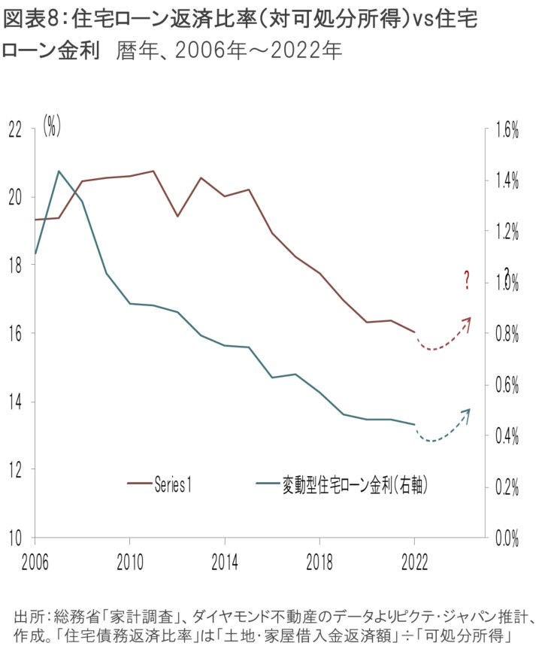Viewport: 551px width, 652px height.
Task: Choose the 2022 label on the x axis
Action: (x=415, y=560)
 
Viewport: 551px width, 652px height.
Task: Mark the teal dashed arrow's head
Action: (x=469, y=411)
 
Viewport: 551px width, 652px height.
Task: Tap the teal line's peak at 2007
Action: (x=59, y=171)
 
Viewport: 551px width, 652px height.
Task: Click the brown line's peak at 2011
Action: (x=153, y=171)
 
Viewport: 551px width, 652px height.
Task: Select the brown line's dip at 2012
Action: (x=177, y=216)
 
